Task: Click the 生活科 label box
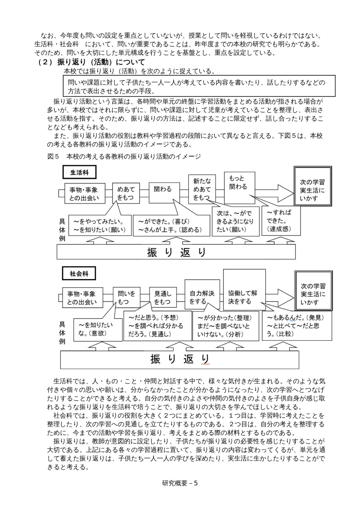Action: tap(79, 172)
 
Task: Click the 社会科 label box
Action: tap(79, 274)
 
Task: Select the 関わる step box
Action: tap(164, 193)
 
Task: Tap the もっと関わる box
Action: tap(240, 188)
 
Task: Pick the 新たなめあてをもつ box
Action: tap(202, 189)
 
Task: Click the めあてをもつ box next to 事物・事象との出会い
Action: tap(126, 193)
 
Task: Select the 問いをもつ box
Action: tap(127, 298)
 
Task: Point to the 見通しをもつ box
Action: tap(163, 298)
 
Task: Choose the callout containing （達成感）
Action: tap(281, 220)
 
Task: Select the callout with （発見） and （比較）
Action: tap(297, 326)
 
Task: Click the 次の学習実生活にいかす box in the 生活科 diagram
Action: tap(313, 186)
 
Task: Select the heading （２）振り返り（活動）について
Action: tap(91, 62)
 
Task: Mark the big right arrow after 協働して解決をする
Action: tap(280, 297)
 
